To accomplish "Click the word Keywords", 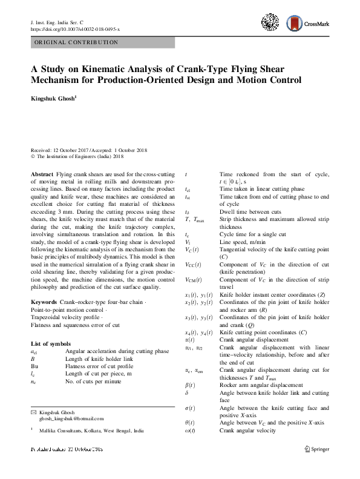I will click(x=44, y=302).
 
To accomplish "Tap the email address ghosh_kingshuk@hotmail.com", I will click(x=71, y=418).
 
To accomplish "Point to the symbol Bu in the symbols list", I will click(x=34, y=366).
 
